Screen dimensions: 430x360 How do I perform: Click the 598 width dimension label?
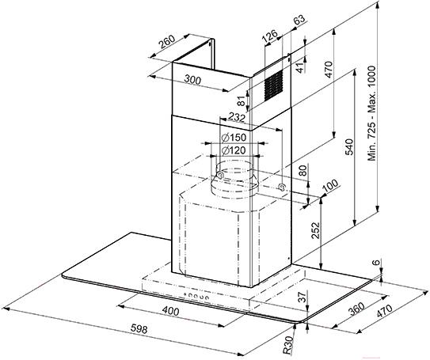[139, 328]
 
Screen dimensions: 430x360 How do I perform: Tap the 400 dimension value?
[170, 311]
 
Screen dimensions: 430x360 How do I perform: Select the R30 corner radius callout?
[288, 345]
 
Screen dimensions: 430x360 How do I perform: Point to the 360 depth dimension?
[356, 309]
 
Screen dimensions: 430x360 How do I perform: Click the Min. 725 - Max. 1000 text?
[372, 113]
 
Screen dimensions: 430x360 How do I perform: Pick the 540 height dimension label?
[349, 147]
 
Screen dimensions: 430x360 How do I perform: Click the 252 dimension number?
[315, 231]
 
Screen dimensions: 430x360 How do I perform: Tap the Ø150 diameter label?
[234, 137]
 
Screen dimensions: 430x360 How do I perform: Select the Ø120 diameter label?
[234, 150]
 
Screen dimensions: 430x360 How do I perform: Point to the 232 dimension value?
[237, 118]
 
